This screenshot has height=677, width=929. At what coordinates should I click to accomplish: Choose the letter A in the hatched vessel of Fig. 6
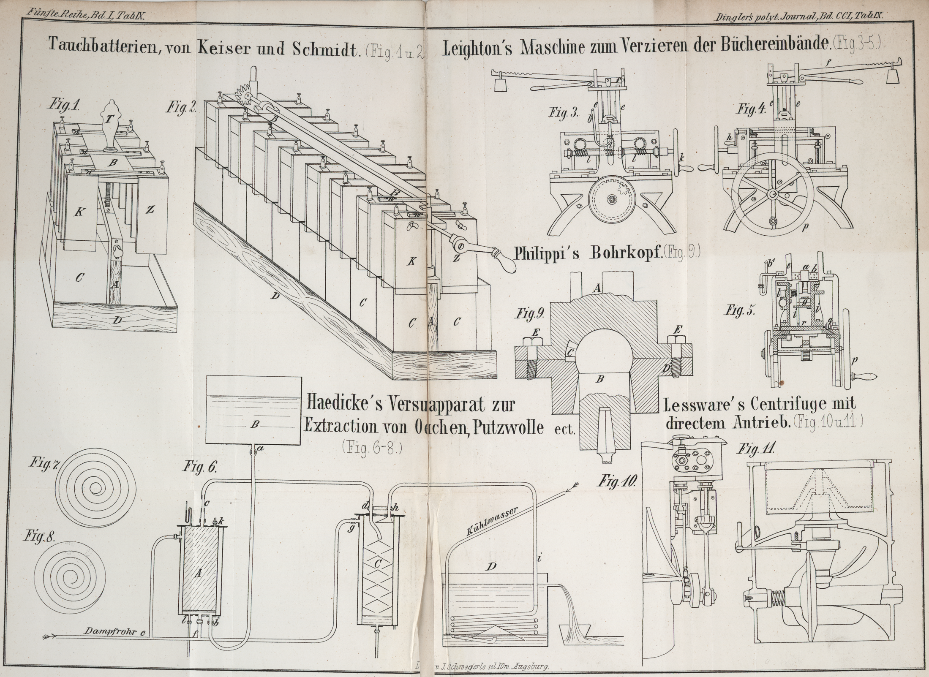[x=197, y=573]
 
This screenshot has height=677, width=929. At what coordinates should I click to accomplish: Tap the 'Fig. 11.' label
[x=755, y=449]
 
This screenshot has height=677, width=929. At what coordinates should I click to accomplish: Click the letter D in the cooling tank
[x=491, y=567]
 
